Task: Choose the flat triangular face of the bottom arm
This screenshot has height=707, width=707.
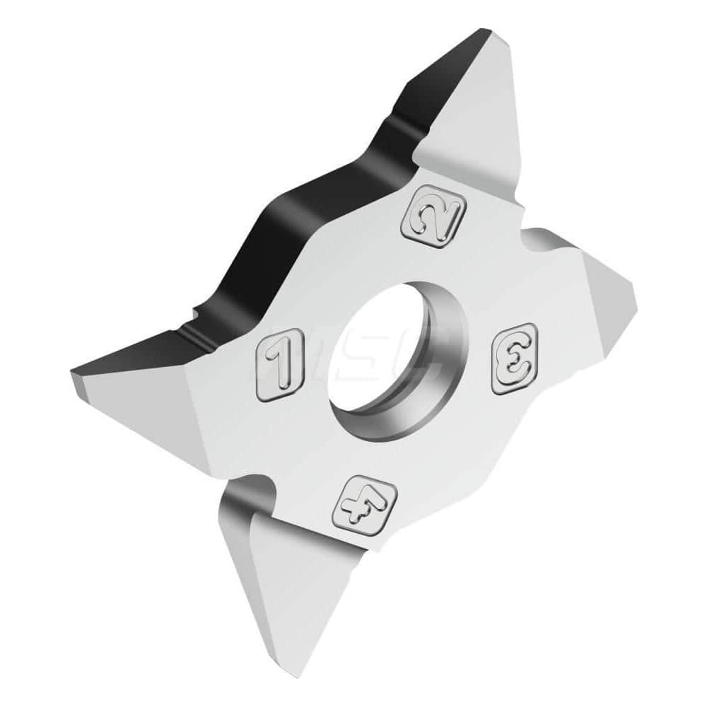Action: tap(297, 601)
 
